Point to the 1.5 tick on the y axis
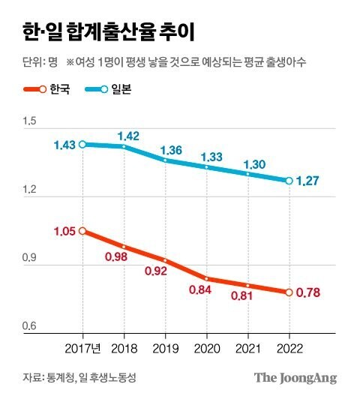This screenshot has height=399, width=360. click(x=29, y=121)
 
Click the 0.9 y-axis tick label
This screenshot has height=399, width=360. click(x=29, y=258)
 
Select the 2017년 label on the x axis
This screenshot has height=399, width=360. click(x=83, y=348)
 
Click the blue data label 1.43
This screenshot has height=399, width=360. click(x=63, y=145)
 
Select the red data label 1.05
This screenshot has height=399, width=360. click(x=64, y=231)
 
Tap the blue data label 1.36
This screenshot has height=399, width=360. click(x=171, y=150)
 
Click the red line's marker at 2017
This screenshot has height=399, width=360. click(x=82, y=231)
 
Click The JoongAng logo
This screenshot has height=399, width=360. click(x=295, y=377)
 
